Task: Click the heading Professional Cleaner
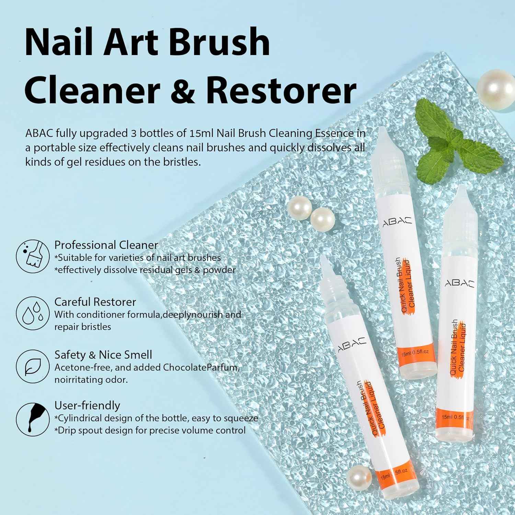point(106,245)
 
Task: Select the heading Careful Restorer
point(95,302)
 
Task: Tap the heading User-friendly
point(87,405)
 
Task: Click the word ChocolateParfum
point(201,367)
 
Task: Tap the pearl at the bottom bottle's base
point(359,478)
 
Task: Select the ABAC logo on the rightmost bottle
point(460,283)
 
